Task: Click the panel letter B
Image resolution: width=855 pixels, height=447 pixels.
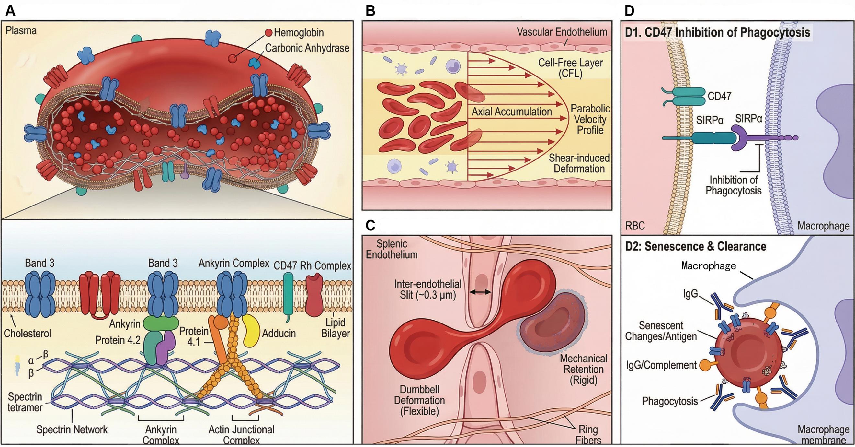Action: (x=370, y=11)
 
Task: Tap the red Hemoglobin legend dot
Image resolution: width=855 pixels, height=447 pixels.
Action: (x=268, y=32)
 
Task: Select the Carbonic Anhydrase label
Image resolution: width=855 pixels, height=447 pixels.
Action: (x=307, y=48)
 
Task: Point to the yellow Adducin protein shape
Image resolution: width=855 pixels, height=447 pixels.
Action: (x=251, y=330)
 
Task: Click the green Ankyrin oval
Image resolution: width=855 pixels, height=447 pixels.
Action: (x=161, y=323)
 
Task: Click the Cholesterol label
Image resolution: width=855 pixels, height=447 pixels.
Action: (x=27, y=333)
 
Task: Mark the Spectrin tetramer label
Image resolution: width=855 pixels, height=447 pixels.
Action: (x=25, y=402)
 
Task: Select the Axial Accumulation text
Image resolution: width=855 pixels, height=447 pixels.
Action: (x=511, y=112)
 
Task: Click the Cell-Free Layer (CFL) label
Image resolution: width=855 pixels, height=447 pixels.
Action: (x=570, y=68)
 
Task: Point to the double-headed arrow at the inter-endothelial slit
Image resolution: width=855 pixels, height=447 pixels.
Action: (x=480, y=292)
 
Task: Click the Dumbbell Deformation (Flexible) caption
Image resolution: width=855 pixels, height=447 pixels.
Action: (x=419, y=400)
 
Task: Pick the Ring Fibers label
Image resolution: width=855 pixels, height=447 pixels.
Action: (x=588, y=435)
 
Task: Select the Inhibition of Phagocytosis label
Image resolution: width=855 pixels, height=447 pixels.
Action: (x=733, y=185)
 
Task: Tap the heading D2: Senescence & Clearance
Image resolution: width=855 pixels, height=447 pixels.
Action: (x=696, y=246)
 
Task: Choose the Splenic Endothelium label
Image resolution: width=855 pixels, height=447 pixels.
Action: (x=392, y=249)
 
